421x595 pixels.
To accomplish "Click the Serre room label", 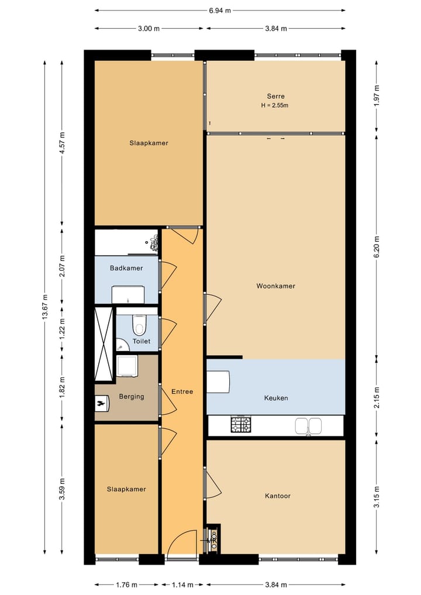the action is pyautogui.click(x=275, y=97).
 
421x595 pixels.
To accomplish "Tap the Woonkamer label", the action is pyautogui.click(x=276, y=286).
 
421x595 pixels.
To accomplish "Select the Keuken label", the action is pyautogui.click(x=276, y=398).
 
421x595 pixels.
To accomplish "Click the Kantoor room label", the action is pyautogui.click(x=278, y=496).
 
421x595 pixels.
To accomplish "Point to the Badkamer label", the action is pyautogui.click(x=126, y=269).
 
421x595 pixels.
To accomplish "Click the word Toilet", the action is pyautogui.click(x=142, y=341).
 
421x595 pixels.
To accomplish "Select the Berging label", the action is pyautogui.click(x=132, y=397).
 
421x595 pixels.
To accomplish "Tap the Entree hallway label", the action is pyautogui.click(x=182, y=391).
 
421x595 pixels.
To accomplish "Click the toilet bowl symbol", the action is pyautogui.click(x=139, y=325).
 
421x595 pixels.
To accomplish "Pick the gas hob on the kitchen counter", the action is pyautogui.click(x=241, y=425).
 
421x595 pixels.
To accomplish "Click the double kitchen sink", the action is pyautogui.click(x=308, y=426).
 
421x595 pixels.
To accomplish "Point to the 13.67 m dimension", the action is pyautogui.click(x=45, y=307).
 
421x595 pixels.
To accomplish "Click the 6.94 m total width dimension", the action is pyautogui.click(x=220, y=11).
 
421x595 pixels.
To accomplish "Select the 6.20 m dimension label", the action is pyautogui.click(x=376, y=247).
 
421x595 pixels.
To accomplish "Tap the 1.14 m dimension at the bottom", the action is pyautogui.click(x=182, y=584).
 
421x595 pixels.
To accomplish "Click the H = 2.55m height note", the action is pyautogui.click(x=275, y=105).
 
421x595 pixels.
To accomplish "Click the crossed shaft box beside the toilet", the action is pyautogui.click(x=103, y=344).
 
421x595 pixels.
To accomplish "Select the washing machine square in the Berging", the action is pyautogui.click(x=127, y=366).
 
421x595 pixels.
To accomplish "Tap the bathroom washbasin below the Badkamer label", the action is pyautogui.click(x=128, y=295).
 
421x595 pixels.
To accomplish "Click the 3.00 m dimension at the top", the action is pyautogui.click(x=149, y=29).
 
